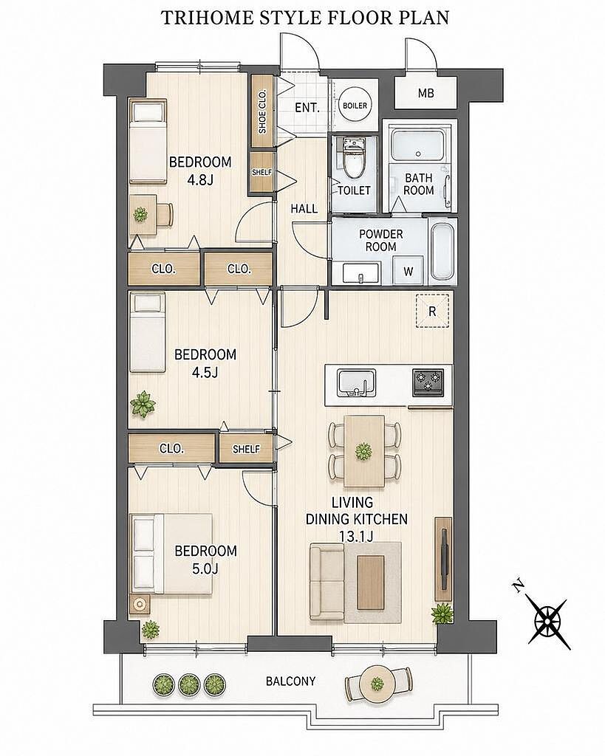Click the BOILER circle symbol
[355, 106]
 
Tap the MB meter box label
[425, 93]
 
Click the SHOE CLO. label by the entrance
[262, 112]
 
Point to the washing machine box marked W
[409, 271]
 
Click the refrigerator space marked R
[432, 311]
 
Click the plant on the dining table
[363, 452]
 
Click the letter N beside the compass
[519, 586]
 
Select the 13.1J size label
[355, 536]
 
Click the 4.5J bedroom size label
[205, 372]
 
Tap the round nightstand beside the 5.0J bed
[140, 604]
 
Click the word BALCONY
[290, 681]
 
